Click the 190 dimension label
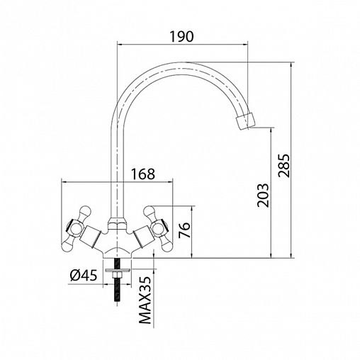coord(182,36)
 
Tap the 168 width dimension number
coord(143,174)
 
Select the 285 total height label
coord(283,166)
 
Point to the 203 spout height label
coord(263,196)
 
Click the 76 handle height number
coord(184,230)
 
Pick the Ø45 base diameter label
coord(84,276)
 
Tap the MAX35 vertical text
coord(145,300)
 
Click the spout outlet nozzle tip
coord(246,121)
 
